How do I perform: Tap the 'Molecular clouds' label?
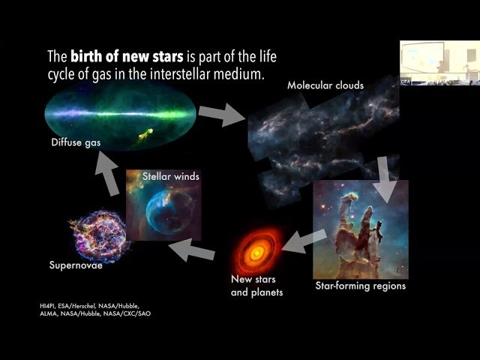point(325,85)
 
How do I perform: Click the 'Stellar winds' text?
point(171,177)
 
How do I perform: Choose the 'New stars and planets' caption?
point(256,286)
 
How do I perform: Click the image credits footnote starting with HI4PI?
point(89,310)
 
